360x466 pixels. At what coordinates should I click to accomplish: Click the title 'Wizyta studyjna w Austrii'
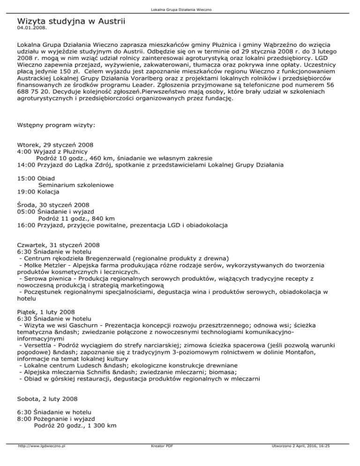71,21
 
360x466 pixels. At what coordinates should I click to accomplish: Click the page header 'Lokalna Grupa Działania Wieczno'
180,9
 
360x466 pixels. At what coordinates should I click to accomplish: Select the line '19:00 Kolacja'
39,192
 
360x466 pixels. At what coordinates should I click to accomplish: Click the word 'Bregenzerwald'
106,258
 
